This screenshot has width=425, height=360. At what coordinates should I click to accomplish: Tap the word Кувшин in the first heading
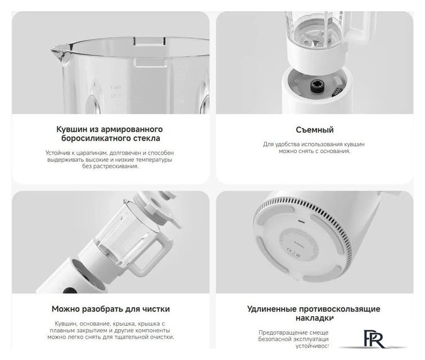(x=73, y=129)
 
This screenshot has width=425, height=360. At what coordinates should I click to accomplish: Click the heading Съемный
(x=315, y=130)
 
